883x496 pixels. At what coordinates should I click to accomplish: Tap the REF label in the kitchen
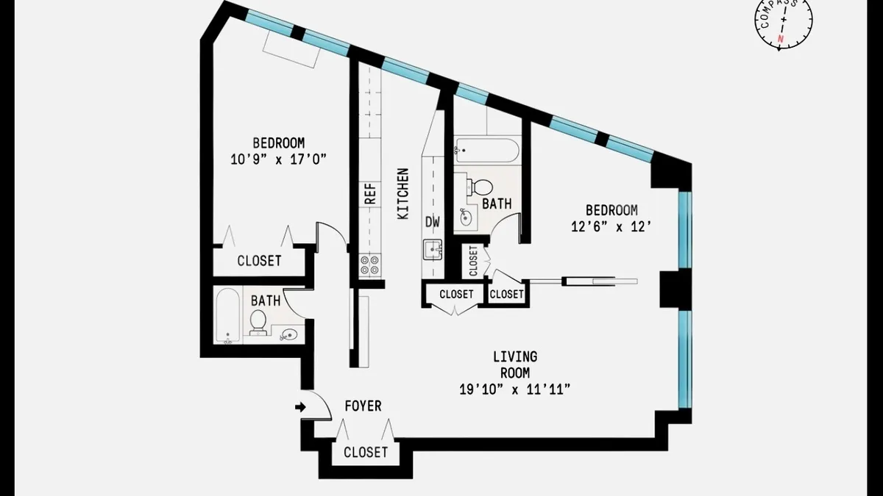click(370, 193)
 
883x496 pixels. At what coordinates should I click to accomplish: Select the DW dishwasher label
click(433, 221)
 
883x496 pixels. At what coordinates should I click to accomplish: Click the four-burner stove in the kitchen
click(371, 265)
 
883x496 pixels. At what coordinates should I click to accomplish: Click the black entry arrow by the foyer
click(300, 406)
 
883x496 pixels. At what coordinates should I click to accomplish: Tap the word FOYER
click(364, 406)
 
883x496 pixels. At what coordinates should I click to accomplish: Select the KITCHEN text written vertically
click(403, 194)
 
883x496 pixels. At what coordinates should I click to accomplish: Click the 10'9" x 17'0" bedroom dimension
click(279, 159)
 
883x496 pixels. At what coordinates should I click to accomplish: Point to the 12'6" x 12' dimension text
click(611, 227)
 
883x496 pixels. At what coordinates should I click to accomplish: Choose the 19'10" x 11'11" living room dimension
click(515, 389)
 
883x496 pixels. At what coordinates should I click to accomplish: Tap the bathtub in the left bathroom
click(227, 316)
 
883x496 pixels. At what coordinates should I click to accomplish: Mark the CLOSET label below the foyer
click(366, 452)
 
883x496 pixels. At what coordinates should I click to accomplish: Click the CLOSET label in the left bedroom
click(259, 261)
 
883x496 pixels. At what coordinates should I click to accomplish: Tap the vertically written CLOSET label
click(473, 260)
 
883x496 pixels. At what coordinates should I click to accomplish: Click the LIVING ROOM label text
click(515, 364)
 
